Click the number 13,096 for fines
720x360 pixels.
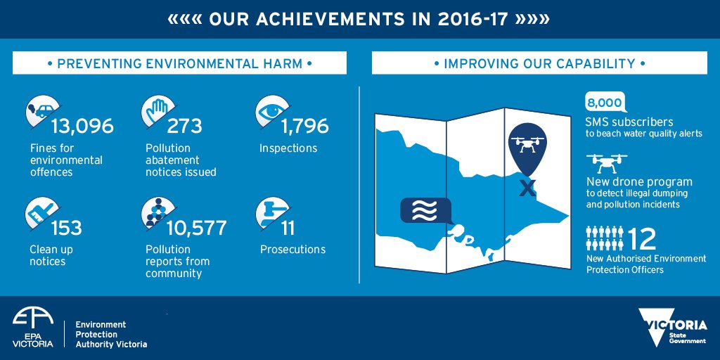82,127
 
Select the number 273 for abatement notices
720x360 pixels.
184,127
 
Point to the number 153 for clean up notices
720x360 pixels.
66,229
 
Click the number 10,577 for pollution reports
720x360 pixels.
196,229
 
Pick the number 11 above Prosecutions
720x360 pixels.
288,229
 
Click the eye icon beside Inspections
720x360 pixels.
269,112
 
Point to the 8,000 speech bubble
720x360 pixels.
604,103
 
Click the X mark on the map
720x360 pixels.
527,188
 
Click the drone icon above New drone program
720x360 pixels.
605,164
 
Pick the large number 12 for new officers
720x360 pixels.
642,239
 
